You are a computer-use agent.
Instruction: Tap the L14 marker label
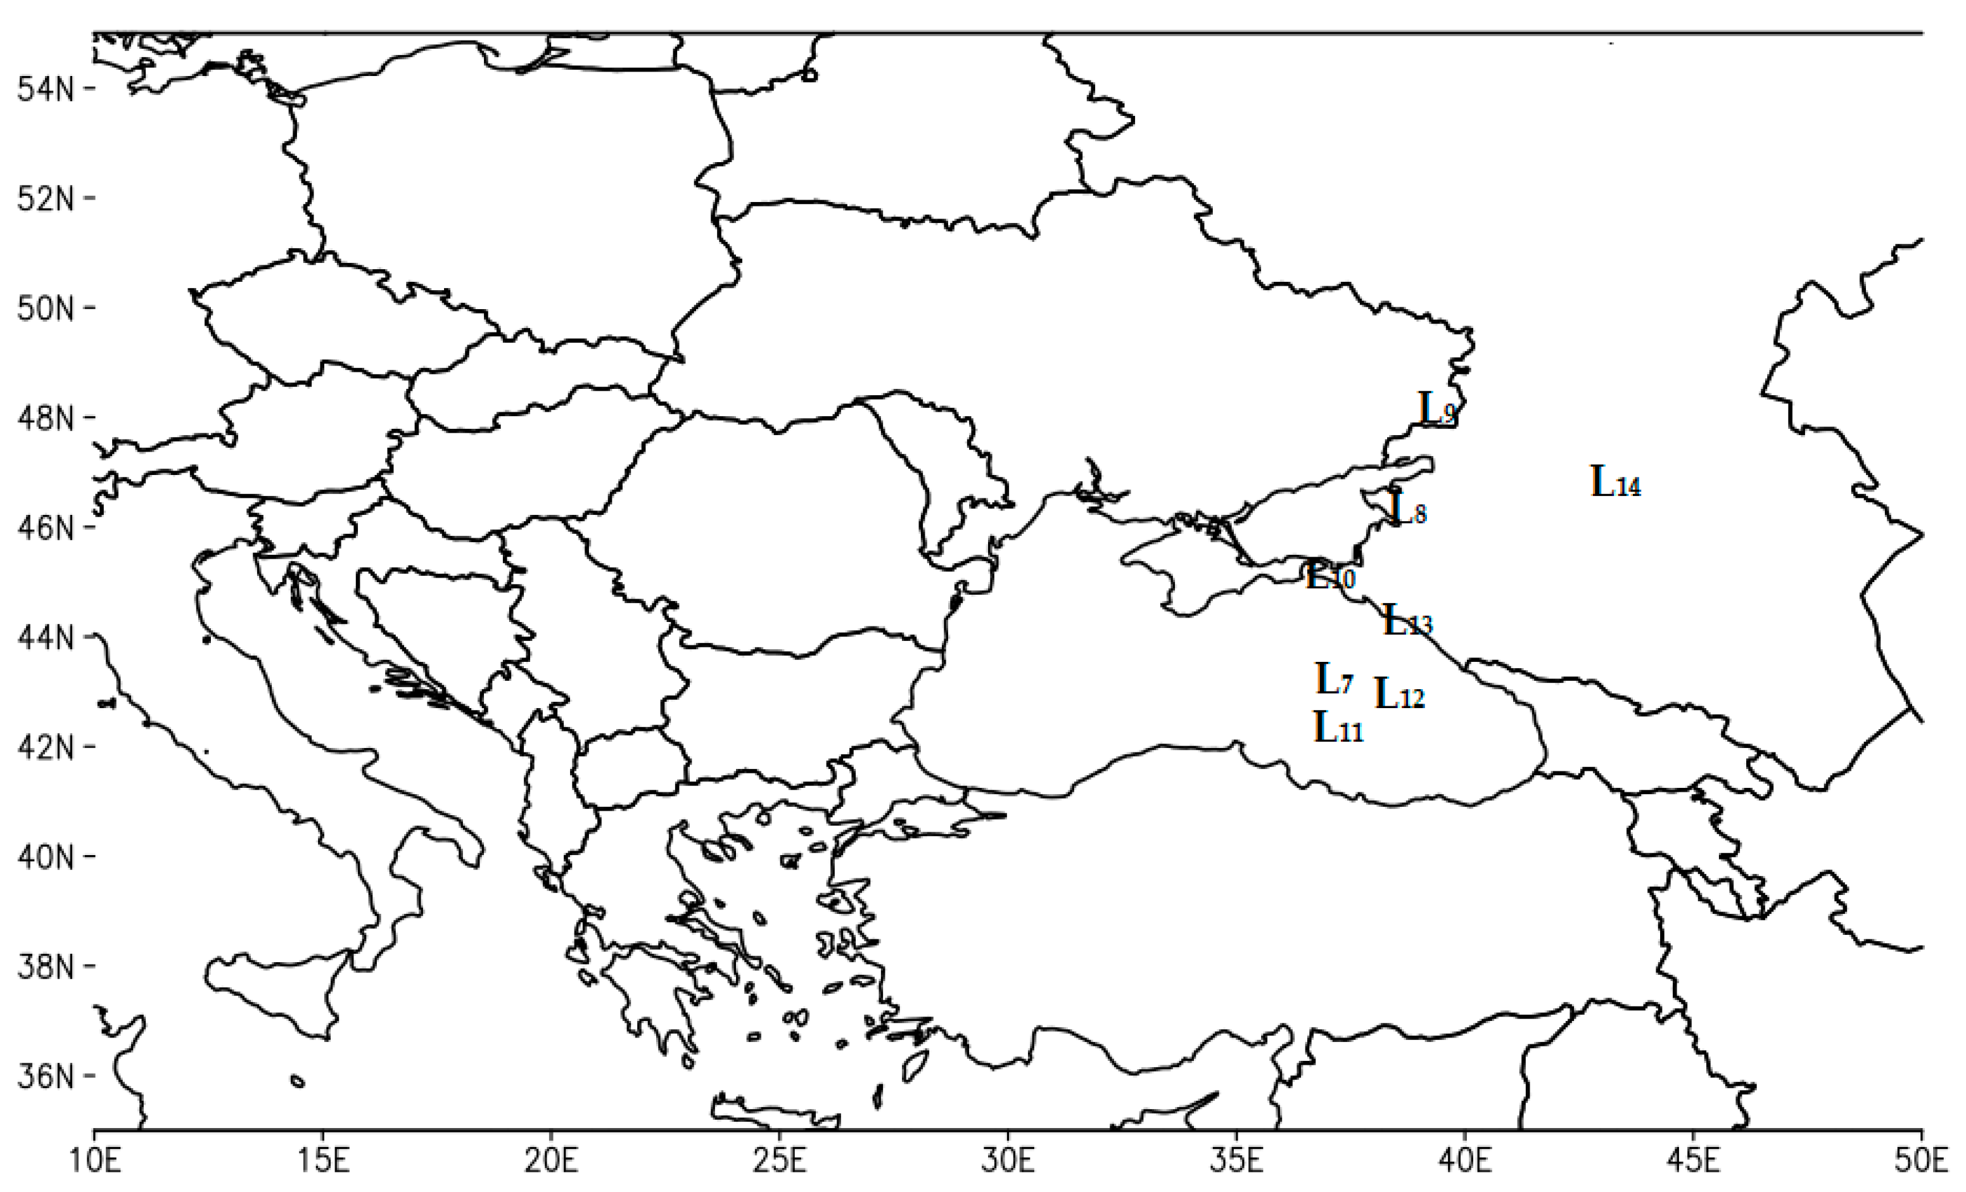click(1616, 482)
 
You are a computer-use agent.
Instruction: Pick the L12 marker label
click(1398, 694)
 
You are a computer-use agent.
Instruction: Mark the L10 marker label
click(1330, 576)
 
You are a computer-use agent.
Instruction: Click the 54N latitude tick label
click(46, 89)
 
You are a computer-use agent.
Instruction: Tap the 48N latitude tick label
click(46, 418)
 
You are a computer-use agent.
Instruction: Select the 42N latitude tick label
click(46, 747)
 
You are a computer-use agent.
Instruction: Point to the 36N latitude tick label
click(46, 1077)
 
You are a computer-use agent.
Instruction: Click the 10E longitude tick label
click(95, 1162)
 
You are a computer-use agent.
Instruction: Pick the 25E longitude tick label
click(780, 1162)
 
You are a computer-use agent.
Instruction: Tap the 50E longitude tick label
click(1921, 1162)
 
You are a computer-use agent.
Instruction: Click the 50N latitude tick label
click(46, 309)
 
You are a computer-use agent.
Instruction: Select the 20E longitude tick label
click(551, 1162)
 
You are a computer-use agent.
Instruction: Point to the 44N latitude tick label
click(46, 638)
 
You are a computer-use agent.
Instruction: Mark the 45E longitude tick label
click(1694, 1162)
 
